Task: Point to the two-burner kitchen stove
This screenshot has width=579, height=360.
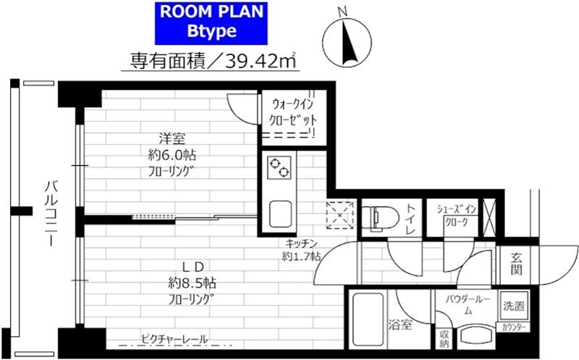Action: (x=280, y=169)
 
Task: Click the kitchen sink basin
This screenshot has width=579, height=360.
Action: (x=280, y=214)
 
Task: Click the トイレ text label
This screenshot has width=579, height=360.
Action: (x=410, y=218)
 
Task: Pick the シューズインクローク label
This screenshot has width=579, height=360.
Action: (x=456, y=217)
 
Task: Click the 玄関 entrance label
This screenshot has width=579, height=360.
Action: (x=517, y=264)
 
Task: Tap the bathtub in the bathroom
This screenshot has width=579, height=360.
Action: (x=367, y=319)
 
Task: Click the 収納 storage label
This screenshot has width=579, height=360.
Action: (x=443, y=338)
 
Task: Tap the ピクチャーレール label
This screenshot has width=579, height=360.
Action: (x=174, y=340)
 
